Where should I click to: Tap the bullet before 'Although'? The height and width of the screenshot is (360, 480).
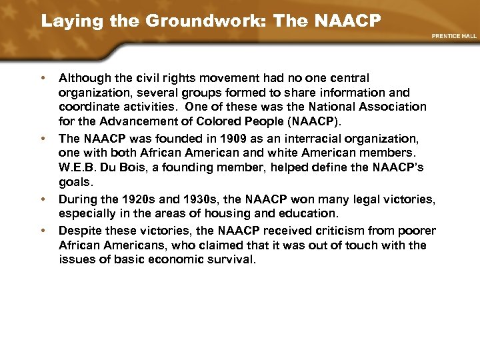click(43, 79)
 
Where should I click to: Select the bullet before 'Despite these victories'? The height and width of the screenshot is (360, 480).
click(43, 230)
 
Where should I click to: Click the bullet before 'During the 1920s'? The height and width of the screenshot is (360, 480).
click(43, 199)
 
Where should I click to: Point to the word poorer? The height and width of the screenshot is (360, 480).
click(419, 230)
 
